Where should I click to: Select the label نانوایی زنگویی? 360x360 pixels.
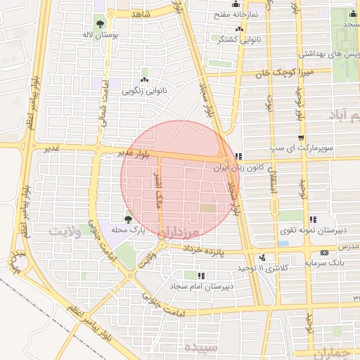click(143, 91)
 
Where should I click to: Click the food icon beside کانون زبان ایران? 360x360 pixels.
click(239, 156)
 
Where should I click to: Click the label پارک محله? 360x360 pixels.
click(129, 230)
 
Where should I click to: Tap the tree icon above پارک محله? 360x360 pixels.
click(128, 219)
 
